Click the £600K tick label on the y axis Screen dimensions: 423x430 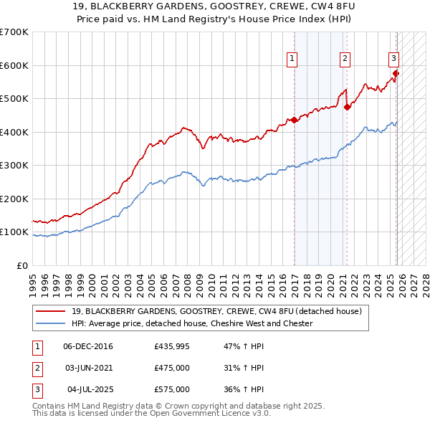point(14,65)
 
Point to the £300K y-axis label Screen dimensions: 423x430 point(14,166)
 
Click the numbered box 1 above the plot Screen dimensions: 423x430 point(292,60)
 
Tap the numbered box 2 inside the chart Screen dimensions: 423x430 point(345,60)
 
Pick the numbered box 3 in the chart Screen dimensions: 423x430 point(393,60)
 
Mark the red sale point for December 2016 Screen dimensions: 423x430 point(295,120)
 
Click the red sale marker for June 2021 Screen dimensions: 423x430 point(348,107)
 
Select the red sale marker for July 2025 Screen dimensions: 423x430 point(396,73)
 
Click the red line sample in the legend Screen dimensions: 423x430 point(50,311)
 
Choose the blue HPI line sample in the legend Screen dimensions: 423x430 point(50,323)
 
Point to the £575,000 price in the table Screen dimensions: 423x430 point(171,389)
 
